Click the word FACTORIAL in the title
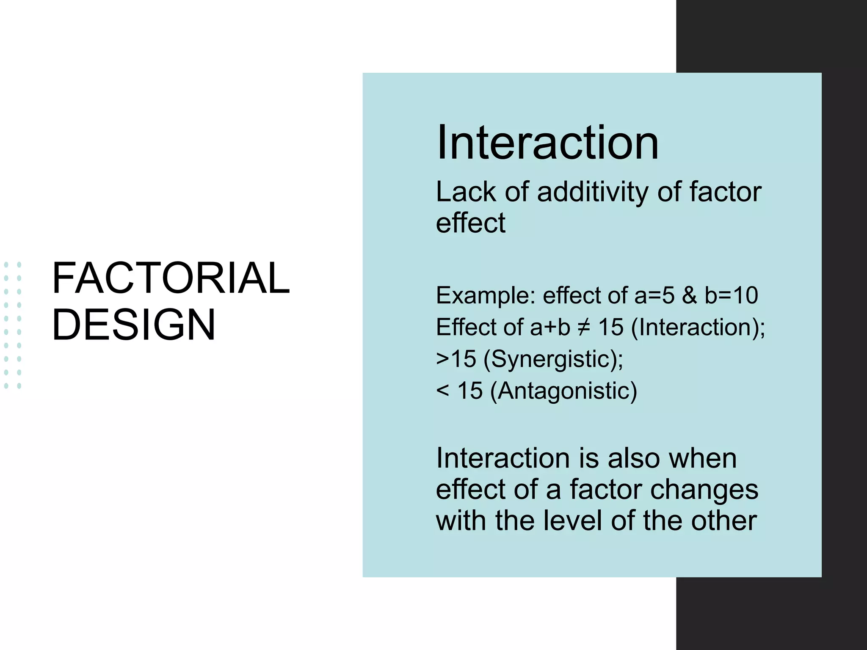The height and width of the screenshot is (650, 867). coord(171,278)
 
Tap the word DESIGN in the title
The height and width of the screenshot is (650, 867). coord(133,325)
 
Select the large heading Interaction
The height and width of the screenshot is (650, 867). coord(547,143)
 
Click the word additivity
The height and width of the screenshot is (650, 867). coord(592,192)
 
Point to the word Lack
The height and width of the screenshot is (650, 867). coord(466,192)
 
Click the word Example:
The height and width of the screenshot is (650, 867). coord(486,295)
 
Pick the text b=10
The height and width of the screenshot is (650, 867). coord(731,295)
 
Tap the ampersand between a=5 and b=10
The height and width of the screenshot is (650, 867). coord(689,295)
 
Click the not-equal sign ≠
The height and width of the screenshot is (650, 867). coord(584,327)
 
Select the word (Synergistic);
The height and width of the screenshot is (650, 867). coord(553,359)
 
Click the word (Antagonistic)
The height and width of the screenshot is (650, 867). coord(563,391)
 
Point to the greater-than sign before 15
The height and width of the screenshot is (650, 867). coord(442,359)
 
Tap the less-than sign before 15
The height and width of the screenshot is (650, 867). coord(442,391)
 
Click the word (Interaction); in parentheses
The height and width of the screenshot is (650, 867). coord(698,327)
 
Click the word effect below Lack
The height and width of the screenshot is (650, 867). coord(470,223)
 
